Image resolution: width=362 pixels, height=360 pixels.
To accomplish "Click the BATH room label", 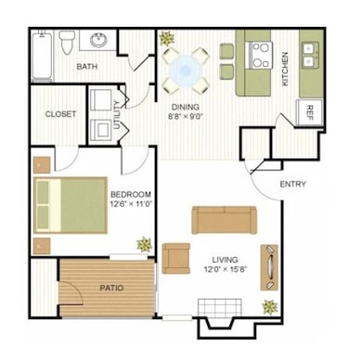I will click(x=87, y=67).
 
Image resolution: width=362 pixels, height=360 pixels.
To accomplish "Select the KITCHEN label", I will click(x=285, y=68).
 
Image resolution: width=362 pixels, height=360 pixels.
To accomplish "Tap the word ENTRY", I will click(x=292, y=185).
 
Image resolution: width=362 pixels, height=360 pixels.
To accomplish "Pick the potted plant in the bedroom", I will click(x=144, y=244).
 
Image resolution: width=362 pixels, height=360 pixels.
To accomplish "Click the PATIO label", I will click(x=110, y=288).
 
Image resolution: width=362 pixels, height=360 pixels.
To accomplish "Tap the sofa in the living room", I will click(x=222, y=220).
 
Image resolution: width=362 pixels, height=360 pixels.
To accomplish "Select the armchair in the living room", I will click(x=175, y=256).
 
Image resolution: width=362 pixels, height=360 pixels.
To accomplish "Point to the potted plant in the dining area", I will click(x=166, y=39).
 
